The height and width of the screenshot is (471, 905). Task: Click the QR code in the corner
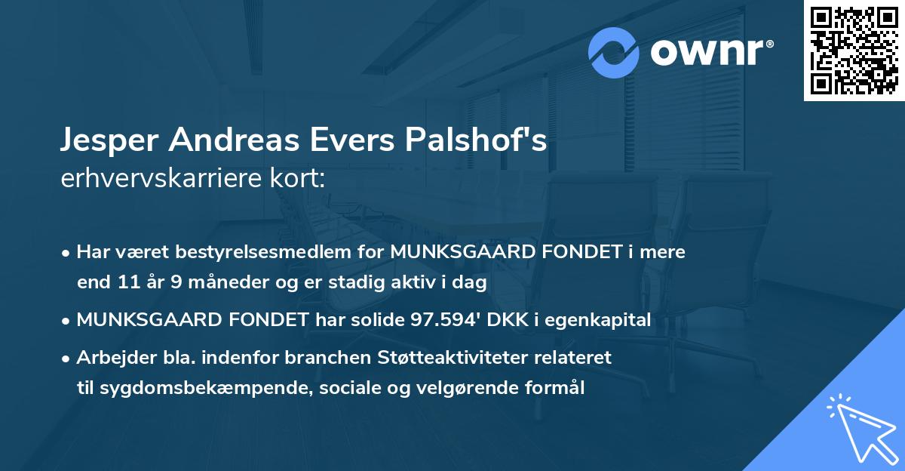854,50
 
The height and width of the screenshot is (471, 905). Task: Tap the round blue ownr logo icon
614,53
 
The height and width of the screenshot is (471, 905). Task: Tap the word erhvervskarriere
160,179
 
